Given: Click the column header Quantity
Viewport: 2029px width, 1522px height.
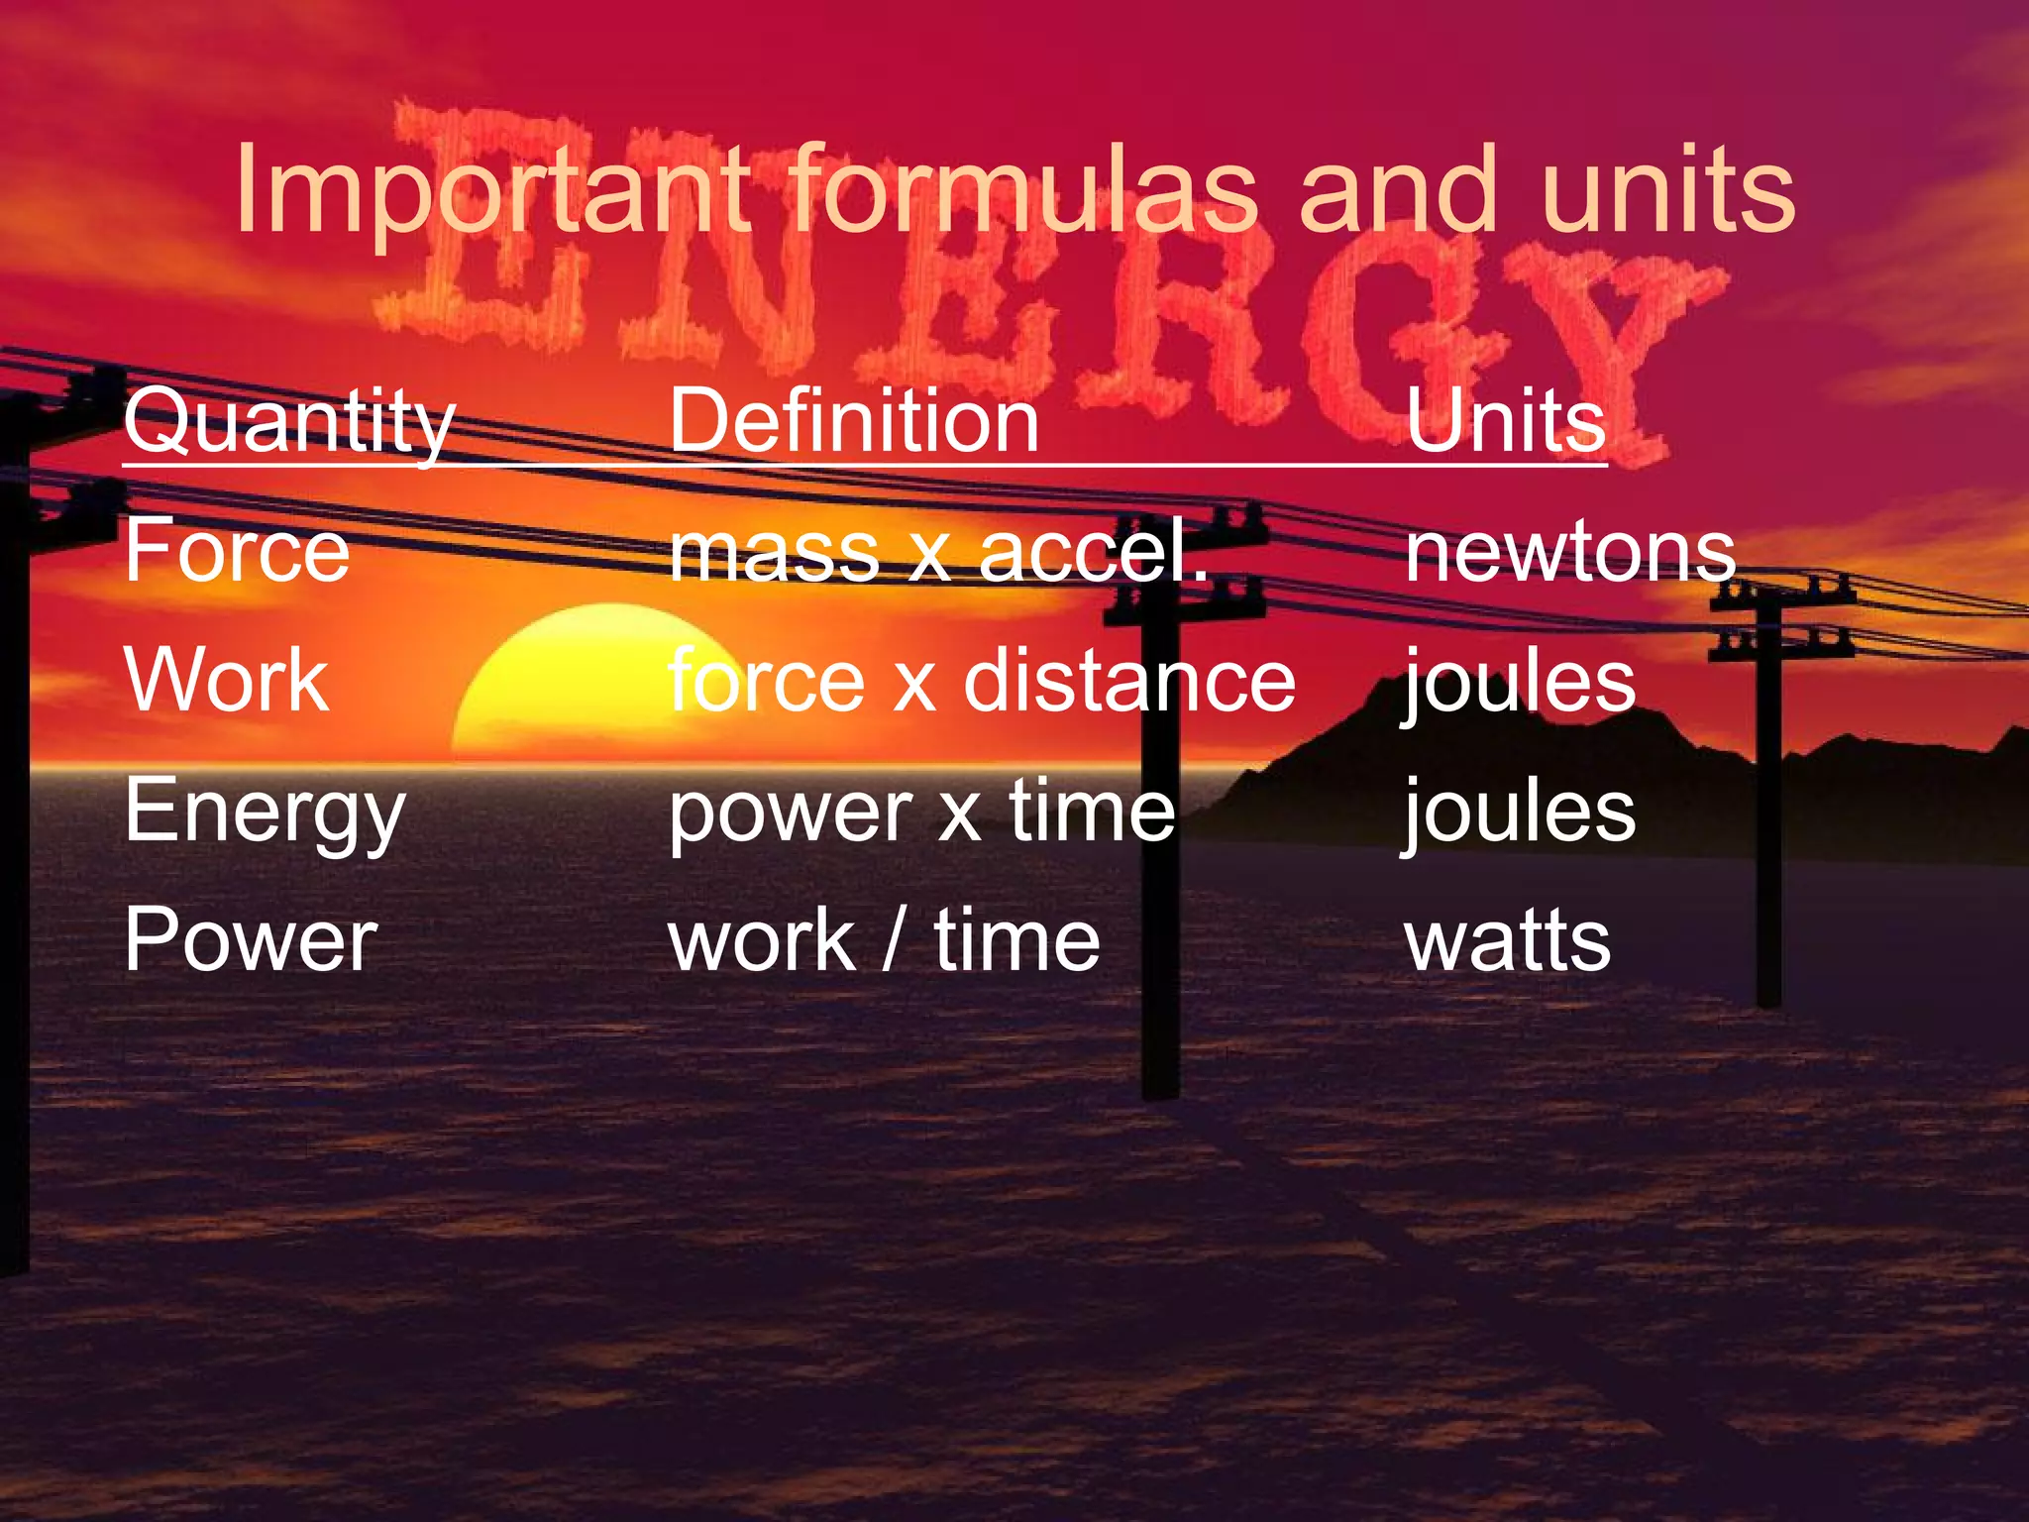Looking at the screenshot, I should pos(289,421).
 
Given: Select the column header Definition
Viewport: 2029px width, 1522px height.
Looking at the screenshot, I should pos(854,421).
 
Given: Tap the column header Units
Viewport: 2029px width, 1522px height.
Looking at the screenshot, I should pos(1505,421).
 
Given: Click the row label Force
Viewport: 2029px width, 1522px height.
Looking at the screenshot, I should pos(237,550).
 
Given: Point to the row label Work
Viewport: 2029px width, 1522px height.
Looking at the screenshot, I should pos(227,681).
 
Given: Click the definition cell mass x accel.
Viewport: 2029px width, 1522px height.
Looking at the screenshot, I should pos(938,550).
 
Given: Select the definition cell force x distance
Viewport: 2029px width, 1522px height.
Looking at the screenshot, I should pos(981,681).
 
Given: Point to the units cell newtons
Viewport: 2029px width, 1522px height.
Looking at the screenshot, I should pos(1570,550).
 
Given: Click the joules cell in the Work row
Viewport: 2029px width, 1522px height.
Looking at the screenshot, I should pos(1519,681).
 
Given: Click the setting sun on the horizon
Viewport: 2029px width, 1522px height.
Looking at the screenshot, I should pos(585,684).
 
